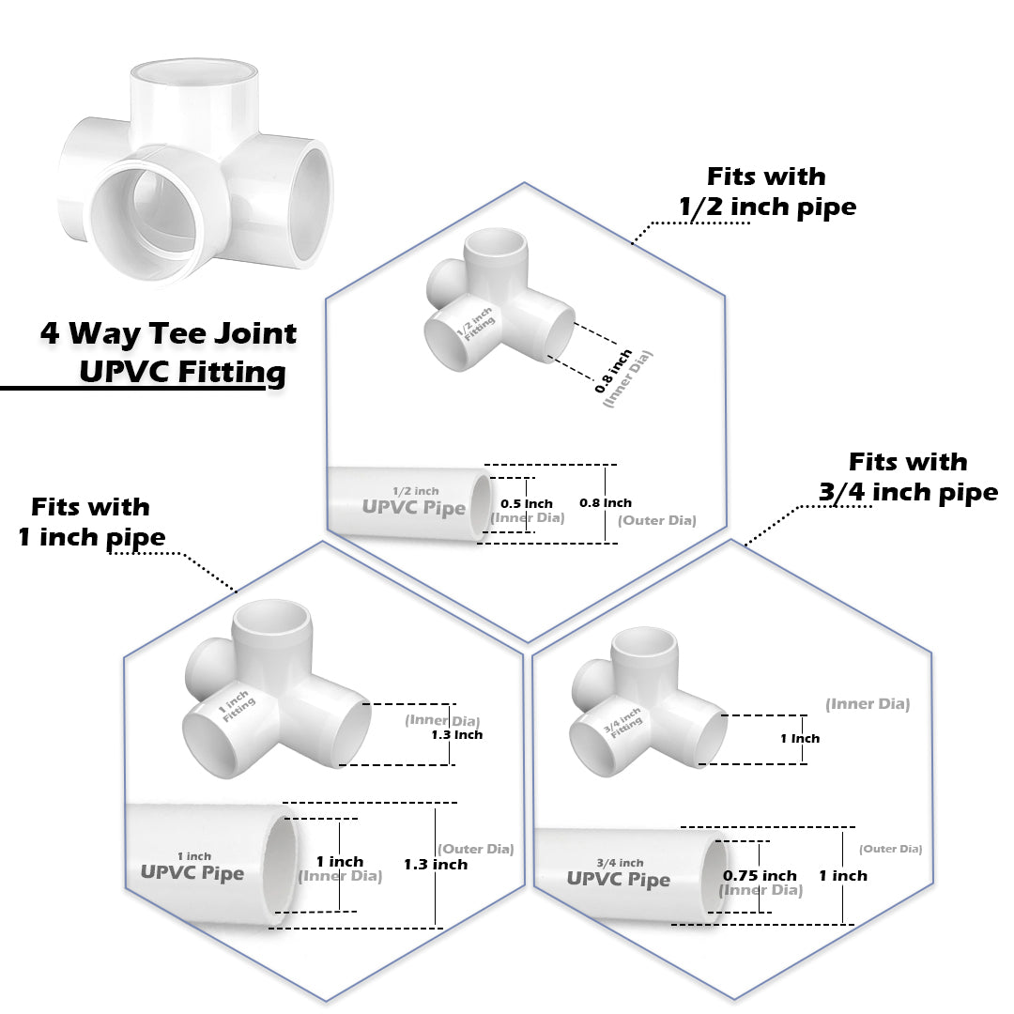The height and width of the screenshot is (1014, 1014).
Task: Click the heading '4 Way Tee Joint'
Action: click(168, 333)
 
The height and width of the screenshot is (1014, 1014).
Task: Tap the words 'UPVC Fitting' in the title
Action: click(182, 372)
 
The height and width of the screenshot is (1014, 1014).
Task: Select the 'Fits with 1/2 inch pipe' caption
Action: click(767, 192)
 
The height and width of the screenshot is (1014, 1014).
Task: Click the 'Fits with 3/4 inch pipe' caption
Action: click(908, 477)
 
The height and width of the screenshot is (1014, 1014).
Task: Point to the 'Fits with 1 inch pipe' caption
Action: click(91, 522)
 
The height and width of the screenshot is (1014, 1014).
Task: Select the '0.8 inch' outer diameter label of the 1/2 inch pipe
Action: click(606, 503)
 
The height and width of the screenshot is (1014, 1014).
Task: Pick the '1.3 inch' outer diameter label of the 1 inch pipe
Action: click(436, 864)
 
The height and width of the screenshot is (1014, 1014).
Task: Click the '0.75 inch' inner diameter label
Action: click(760, 875)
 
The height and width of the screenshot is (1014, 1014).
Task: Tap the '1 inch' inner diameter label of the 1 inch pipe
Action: click(339, 861)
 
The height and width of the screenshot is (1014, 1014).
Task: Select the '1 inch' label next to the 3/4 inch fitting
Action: click(800, 738)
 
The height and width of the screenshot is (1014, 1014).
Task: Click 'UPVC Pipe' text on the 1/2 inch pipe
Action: click(414, 508)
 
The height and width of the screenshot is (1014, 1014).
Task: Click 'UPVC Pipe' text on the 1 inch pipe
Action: click(192, 872)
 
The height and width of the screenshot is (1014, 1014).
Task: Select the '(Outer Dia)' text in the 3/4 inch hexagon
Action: click(891, 849)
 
